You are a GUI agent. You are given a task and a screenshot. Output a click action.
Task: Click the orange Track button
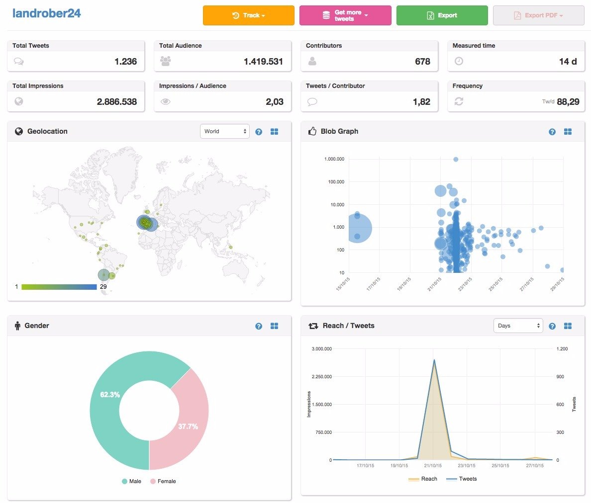[248, 15]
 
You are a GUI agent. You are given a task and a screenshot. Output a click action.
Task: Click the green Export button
[442, 15]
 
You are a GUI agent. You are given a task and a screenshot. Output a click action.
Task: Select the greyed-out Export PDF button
[539, 15]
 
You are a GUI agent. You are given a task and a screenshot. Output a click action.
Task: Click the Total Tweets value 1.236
[125, 61]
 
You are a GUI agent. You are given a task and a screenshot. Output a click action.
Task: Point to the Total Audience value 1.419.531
[263, 61]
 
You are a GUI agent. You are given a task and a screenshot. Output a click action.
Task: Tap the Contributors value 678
[422, 61]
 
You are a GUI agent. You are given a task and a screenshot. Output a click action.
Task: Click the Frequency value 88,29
[568, 102]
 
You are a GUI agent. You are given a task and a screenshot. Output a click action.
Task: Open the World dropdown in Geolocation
[225, 131]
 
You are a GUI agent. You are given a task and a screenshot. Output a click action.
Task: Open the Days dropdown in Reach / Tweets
[518, 326]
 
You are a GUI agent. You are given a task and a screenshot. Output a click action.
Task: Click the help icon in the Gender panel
[259, 326]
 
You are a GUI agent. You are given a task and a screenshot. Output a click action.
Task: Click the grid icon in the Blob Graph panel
[568, 131]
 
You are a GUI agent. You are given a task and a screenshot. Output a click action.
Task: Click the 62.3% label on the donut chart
[109, 395]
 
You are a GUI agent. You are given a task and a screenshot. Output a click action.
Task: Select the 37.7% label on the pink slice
[188, 426]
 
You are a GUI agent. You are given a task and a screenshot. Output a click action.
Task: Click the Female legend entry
[163, 481]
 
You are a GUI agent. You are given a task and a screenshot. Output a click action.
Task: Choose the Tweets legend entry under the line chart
[461, 479]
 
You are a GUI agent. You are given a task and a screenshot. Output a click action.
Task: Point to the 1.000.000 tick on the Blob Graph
[334, 159]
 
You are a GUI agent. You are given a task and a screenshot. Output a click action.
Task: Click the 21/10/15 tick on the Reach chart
[433, 466]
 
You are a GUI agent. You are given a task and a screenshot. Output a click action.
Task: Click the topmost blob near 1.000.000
[456, 159]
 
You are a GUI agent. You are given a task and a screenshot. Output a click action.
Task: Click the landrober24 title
[46, 13]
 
